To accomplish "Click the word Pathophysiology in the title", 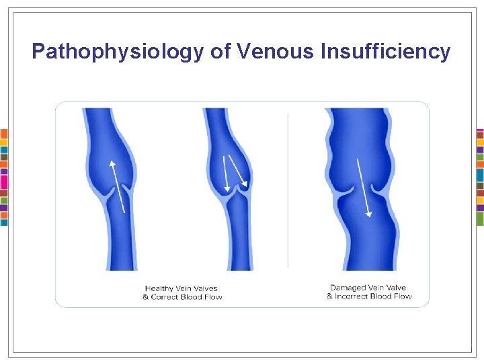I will [x=118, y=52].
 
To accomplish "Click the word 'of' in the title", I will [x=220, y=52].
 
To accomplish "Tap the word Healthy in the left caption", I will [x=159, y=288].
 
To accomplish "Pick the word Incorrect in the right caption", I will [x=356, y=296].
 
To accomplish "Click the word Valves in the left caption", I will [x=204, y=288].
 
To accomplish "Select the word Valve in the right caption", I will [x=394, y=288].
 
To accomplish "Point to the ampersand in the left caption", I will [x=145, y=297].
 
